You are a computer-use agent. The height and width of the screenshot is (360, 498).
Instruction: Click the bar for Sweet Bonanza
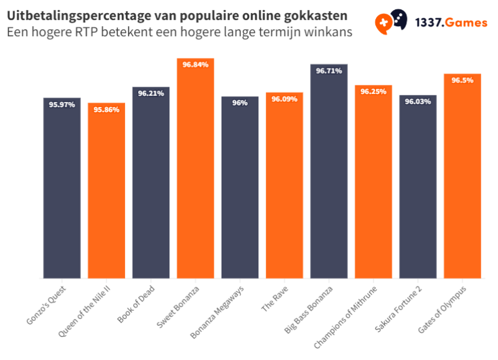coord(195,168)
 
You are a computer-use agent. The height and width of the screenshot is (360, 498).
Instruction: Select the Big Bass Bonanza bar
coord(329,171)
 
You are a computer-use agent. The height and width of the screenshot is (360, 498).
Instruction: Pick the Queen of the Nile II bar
coord(106,191)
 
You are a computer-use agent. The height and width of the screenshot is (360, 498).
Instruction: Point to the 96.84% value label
coord(195,64)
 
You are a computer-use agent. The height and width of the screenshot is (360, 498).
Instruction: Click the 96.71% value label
coord(329,71)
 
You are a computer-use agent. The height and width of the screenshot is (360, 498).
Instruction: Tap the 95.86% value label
coord(106,110)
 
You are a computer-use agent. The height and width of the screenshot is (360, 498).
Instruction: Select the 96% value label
coord(240,103)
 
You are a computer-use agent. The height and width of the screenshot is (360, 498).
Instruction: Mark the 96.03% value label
coord(418,102)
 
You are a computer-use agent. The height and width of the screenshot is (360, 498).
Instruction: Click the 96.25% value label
coord(374,92)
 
